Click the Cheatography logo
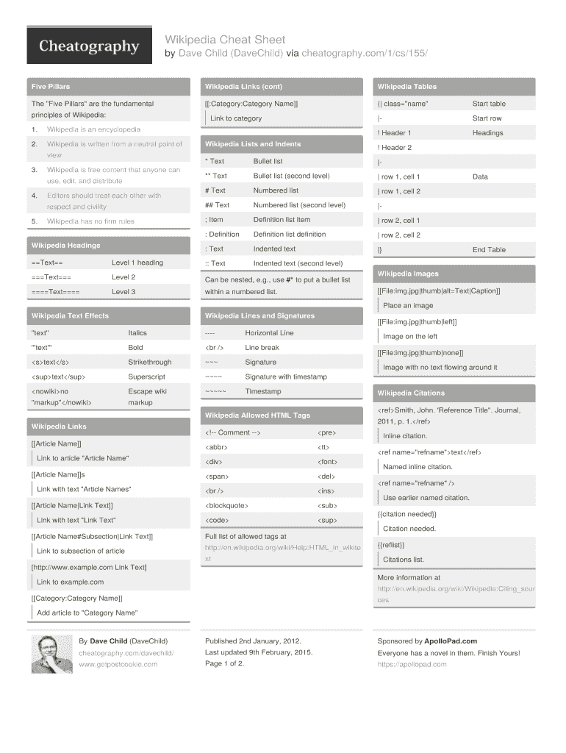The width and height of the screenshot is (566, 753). (89, 46)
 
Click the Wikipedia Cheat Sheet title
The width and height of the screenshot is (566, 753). (225, 40)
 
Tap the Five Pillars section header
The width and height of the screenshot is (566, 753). (51, 87)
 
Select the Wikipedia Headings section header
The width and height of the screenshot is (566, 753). (65, 246)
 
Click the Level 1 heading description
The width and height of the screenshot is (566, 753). (137, 263)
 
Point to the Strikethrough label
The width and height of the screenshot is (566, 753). (150, 363)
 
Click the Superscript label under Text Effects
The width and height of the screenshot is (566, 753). (147, 377)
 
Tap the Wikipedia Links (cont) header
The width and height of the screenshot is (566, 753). (243, 87)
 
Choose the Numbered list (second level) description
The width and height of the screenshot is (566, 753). (299, 205)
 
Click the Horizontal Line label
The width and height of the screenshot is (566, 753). (269, 333)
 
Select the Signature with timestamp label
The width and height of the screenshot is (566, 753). (286, 377)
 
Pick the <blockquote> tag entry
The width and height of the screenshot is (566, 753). (227, 506)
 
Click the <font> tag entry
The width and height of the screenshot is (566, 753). (327, 462)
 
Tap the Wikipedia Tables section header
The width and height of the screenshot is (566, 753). (407, 87)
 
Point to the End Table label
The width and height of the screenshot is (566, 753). (489, 250)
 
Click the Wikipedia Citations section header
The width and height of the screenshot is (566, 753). (411, 393)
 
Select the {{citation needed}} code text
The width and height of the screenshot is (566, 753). (406, 514)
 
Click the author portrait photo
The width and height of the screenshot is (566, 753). (51, 653)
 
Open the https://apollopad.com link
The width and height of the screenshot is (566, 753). (412, 665)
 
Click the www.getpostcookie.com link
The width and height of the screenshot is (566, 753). (118, 665)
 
